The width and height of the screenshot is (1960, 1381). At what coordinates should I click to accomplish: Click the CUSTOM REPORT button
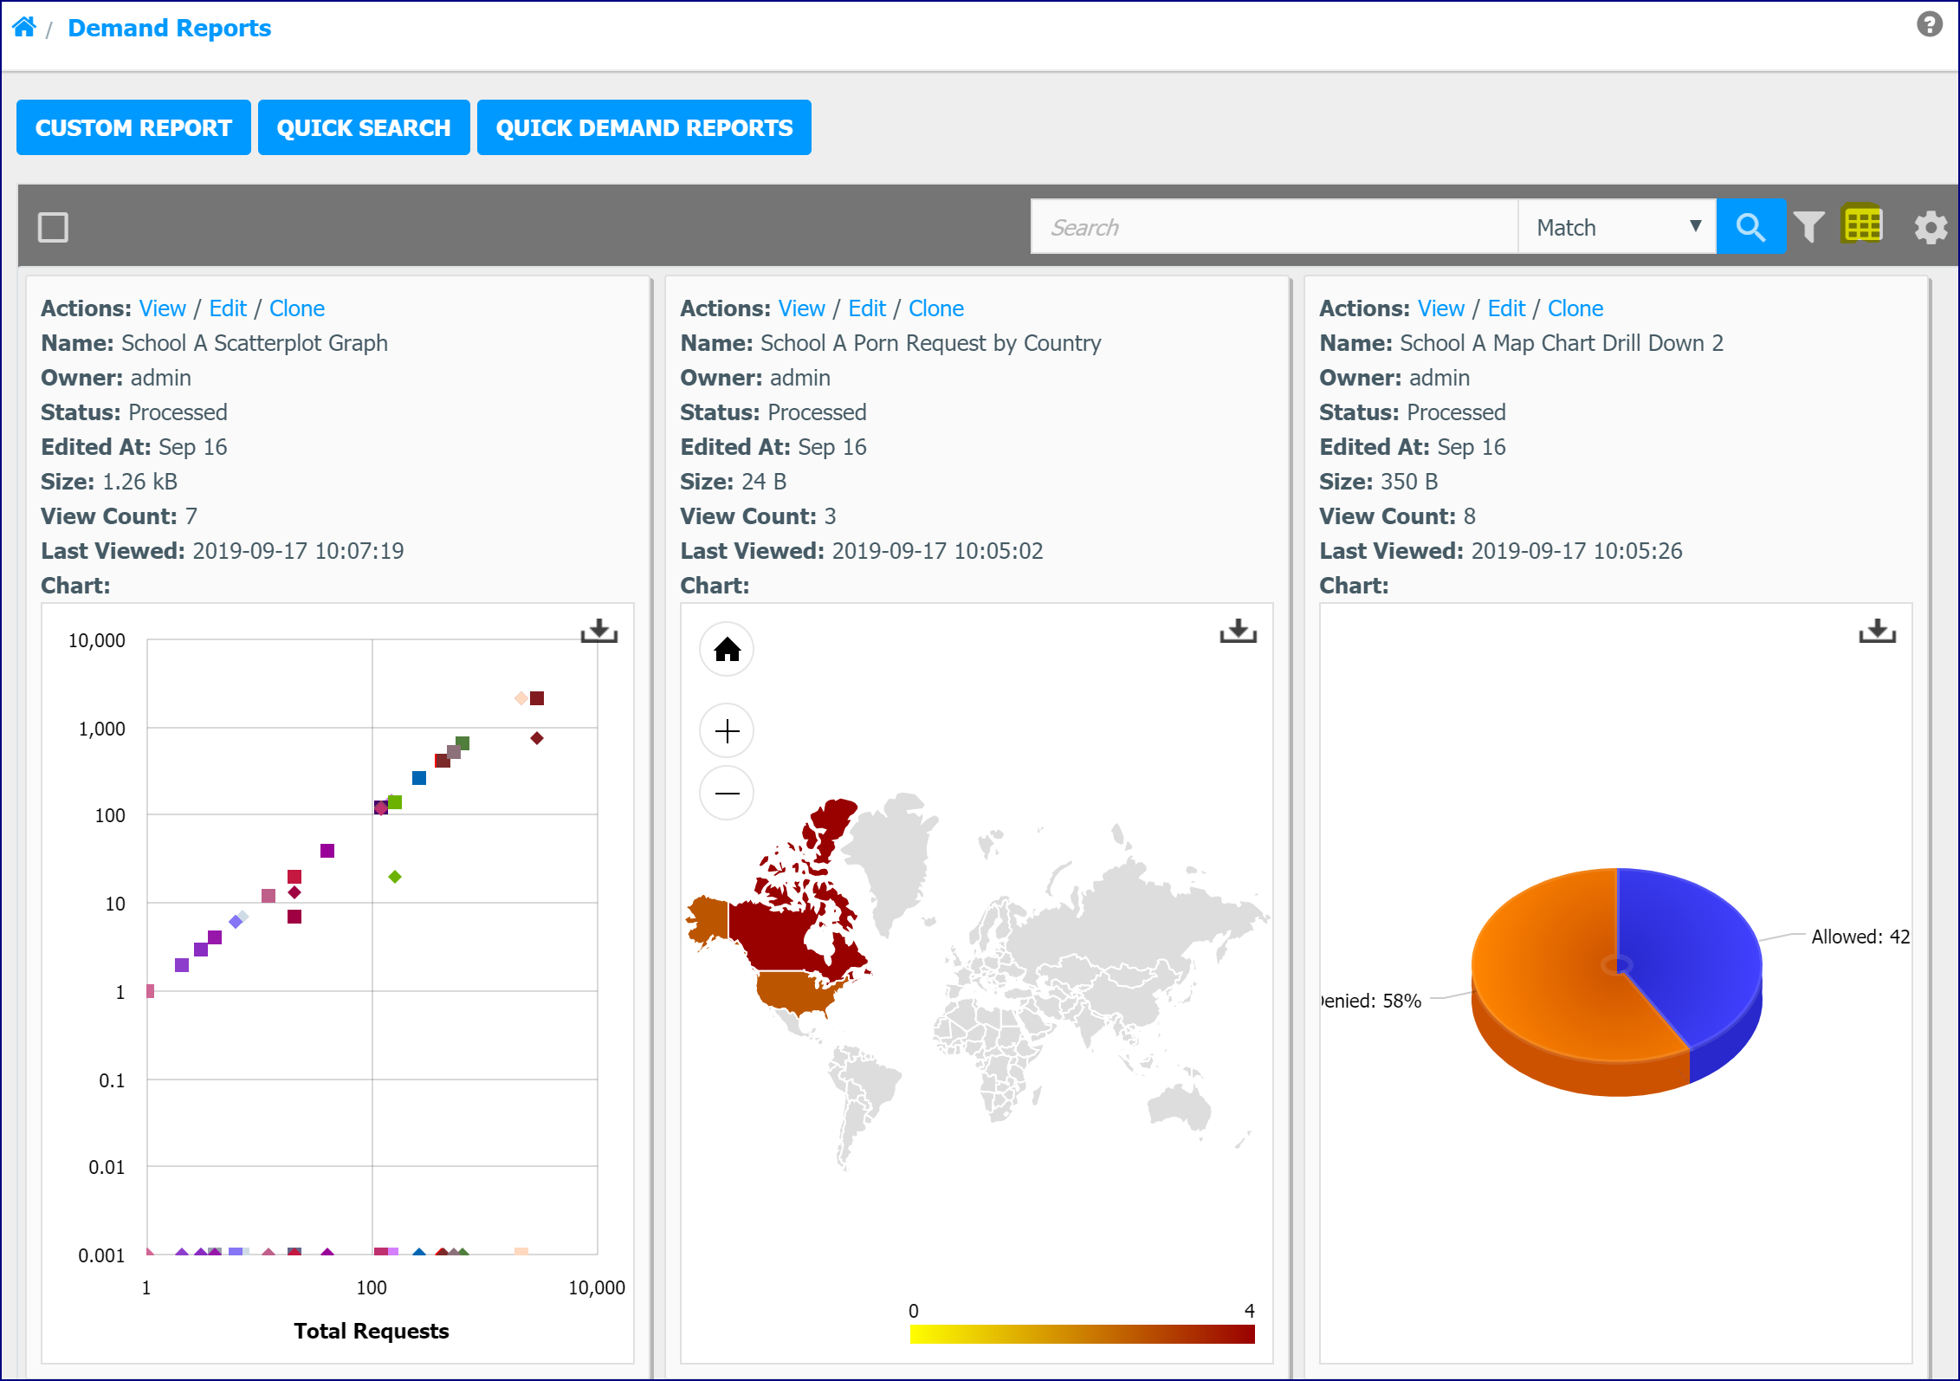click(133, 127)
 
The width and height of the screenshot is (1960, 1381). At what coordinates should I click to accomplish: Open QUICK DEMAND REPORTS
click(644, 127)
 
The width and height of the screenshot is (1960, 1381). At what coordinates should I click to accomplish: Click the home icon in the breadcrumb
click(24, 27)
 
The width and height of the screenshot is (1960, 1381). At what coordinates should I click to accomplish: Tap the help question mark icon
click(1929, 23)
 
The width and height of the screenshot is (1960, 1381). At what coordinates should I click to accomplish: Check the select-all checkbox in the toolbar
click(53, 227)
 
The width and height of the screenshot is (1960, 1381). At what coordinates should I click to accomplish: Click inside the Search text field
click(1274, 227)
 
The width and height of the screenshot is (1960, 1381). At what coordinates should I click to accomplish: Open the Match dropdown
click(1617, 227)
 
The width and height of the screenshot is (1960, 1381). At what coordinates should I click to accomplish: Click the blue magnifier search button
click(1750, 227)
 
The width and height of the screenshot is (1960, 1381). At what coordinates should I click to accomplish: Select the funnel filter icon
click(1808, 227)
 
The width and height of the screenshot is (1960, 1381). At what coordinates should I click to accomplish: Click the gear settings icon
click(1931, 228)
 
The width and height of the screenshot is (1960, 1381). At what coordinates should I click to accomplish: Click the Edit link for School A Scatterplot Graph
click(228, 308)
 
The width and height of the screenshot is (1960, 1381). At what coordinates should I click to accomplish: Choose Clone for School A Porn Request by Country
click(935, 308)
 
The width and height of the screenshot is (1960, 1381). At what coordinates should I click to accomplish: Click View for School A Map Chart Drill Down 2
click(1440, 308)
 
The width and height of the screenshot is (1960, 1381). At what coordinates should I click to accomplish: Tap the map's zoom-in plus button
click(727, 730)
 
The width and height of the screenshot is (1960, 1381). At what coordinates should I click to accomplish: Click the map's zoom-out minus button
click(727, 793)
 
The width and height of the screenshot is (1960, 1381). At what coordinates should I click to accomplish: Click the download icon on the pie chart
click(1877, 631)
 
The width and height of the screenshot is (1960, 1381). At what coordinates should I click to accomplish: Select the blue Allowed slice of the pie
click(1685, 944)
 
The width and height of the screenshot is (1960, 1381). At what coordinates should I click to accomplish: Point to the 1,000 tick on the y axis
click(101, 729)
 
